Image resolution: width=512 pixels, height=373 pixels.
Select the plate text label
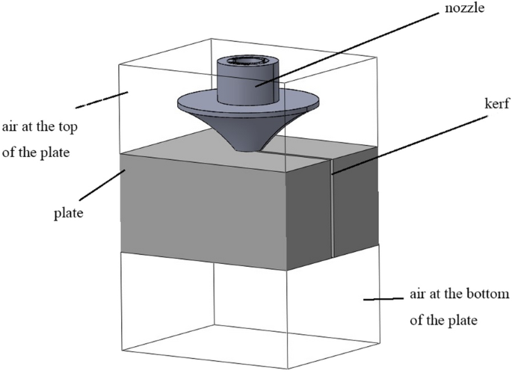tap(67, 213)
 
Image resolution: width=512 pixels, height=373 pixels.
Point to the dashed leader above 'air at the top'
tap(96, 97)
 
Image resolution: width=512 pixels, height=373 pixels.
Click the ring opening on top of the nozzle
tap(247, 62)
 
